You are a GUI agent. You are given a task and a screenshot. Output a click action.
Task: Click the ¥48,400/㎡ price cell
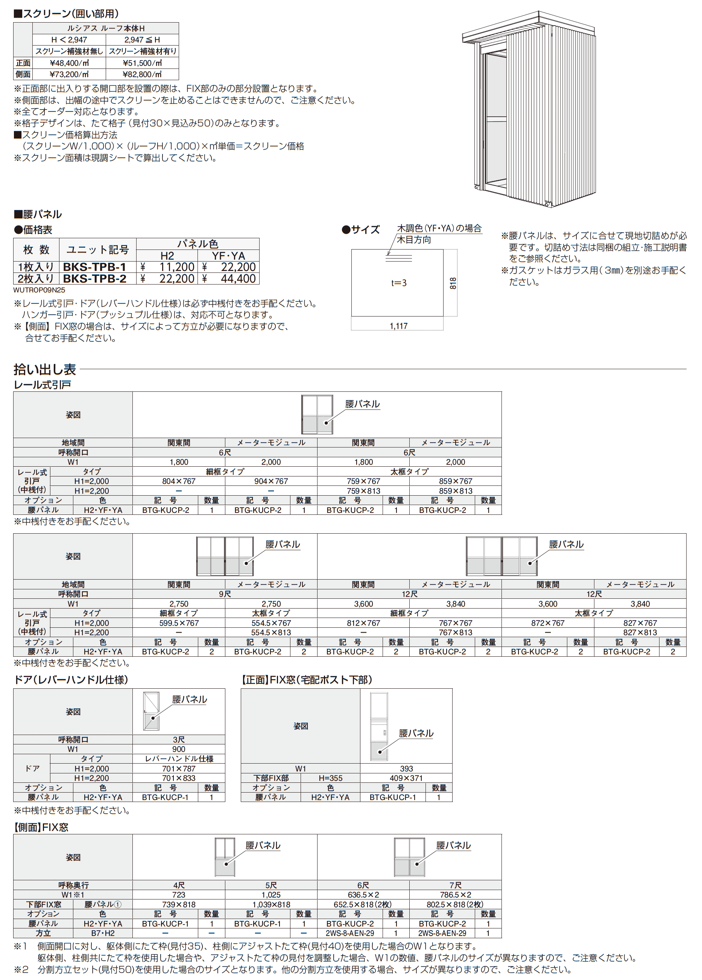69,62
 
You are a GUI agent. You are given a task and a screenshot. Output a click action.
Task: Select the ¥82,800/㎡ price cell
142,74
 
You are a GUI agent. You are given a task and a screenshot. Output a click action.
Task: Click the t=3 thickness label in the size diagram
398,283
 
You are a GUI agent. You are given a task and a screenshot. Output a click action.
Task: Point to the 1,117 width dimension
398,326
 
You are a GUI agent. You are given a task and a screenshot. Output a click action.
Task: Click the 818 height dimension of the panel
452,283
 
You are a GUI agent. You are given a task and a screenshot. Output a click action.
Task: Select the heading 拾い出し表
45,370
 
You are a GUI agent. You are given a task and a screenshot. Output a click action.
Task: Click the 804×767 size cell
178,481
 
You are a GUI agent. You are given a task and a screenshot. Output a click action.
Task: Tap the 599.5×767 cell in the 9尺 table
178,622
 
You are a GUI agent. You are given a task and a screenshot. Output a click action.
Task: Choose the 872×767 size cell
547,622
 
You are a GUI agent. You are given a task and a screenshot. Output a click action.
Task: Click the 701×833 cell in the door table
178,778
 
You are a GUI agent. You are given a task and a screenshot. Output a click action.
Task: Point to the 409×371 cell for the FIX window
406,778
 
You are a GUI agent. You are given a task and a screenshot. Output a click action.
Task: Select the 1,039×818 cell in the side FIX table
271,904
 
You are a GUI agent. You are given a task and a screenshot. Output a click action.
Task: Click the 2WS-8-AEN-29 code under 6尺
349,933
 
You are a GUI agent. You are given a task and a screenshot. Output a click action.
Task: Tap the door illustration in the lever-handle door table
151,711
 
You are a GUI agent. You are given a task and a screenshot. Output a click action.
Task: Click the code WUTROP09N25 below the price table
39,290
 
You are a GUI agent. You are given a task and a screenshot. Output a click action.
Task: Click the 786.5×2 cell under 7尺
455,895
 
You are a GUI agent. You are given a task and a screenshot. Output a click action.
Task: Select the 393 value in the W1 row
406,768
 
